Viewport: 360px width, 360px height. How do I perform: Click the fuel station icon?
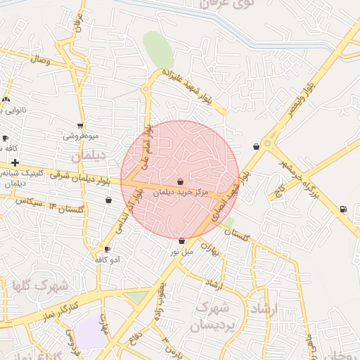pos(342,208)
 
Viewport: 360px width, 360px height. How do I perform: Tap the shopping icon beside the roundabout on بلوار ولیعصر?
pos(256,147)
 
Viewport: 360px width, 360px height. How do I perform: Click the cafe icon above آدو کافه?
pos(107,249)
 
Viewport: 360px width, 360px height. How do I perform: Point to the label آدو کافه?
pos(108,259)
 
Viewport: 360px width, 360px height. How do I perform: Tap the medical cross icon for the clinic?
pos(14,162)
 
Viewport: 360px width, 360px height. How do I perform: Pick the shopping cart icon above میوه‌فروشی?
pos(77,124)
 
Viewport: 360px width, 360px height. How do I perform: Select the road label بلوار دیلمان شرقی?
pos(82,176)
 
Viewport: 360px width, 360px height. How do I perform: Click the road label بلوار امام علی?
pos(146,148)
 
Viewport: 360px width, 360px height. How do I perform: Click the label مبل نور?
pos(181,251)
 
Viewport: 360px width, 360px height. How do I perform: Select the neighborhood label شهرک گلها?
pos(41,286)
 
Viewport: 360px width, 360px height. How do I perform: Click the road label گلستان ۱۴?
pos(63,208)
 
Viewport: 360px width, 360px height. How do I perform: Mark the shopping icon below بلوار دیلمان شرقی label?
pos(108,200)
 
